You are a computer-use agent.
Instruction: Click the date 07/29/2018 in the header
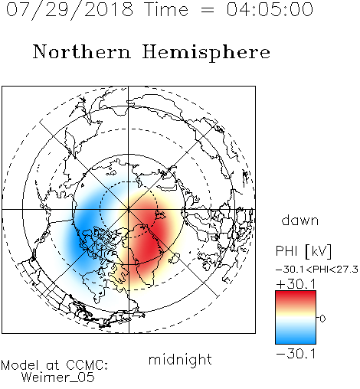click(70, 10)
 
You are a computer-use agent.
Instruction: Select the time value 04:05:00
click(270, 10)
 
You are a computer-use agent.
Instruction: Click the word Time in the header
click(166, 10)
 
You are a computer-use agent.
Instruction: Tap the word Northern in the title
click(82, 51)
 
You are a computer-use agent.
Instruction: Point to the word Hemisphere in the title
click(206, 53)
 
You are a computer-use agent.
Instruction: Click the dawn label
click(300, 220)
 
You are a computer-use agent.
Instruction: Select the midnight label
click(180, 359)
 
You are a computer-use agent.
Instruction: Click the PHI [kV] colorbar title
click(303, 251)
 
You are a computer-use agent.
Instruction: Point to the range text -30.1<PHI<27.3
click(317, 270)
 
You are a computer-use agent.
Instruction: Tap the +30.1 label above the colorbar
click(296, 284)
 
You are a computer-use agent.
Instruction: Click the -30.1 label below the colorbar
click(296, 354)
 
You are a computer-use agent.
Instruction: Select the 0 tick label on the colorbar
click(322, 319)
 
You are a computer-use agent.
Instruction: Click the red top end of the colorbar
click(296, 293)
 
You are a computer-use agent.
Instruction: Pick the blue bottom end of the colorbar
click(296, 341)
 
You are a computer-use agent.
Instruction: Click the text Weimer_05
click(58, 378)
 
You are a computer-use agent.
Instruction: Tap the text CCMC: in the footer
click(87, 365)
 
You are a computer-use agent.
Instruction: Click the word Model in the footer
click(20, 365)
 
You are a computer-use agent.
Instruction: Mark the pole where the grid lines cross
click(129, 209)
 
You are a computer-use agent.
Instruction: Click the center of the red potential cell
click(151, 237)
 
